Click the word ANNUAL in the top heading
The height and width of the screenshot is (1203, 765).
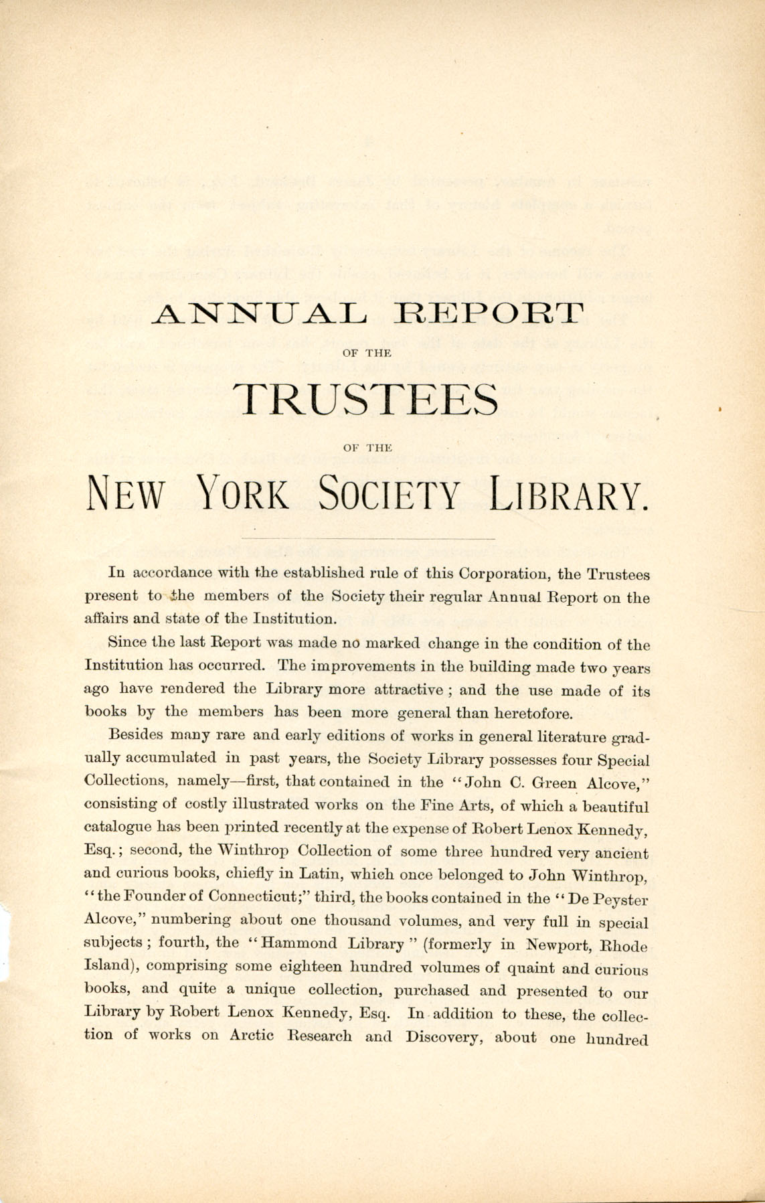[x=258, y=313]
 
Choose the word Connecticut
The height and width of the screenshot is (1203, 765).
[x=255, y=896]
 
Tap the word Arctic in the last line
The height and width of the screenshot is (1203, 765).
[x=251, y=1036]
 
